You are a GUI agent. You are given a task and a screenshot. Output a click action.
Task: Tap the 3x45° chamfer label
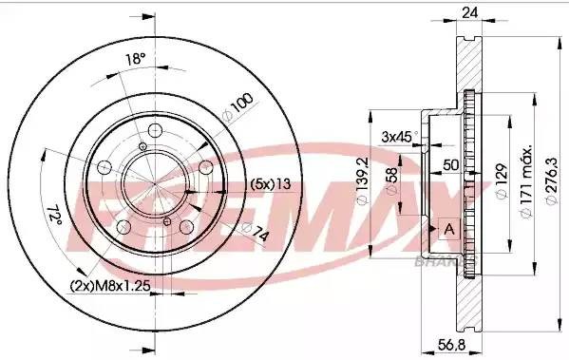(x=397, y=136)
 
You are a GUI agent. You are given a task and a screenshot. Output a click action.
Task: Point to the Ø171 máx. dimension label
(x=524, y=180)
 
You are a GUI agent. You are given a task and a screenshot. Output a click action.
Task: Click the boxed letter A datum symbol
(x=449, y=229)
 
